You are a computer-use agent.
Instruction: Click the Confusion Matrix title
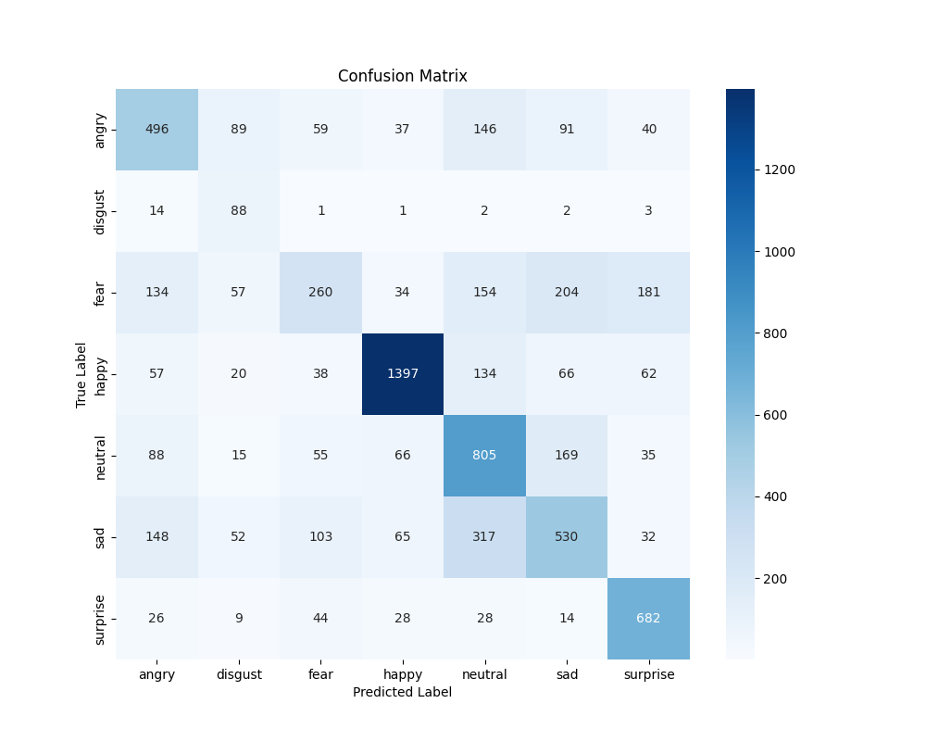click(x=402, y=76)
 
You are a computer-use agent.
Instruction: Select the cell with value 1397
click(x=403, y=373)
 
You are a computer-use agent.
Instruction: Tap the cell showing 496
click(x=156, y=129)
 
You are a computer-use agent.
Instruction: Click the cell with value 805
click(x=484, y=455)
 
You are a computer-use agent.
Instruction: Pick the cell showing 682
click(x=648, y=618)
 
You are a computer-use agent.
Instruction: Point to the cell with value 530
click(x=567, y=536)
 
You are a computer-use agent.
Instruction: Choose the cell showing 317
click(x=484, y=536)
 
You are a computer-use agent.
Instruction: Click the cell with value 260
click(x=320, y=292)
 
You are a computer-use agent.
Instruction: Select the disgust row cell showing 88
click(x=239, y=210)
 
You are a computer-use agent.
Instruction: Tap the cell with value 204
click(x=567, y=292)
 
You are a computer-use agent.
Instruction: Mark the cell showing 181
click(x=648, y=292)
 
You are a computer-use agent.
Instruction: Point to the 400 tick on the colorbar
click(x=773, y=496)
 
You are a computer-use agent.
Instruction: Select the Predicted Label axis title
click(x=402, y=692)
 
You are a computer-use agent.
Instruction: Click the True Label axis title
click(x=81, y=373)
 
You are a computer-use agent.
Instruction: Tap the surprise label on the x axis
click(x=648, y=674)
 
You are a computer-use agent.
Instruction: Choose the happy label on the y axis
click(x=100, y=373)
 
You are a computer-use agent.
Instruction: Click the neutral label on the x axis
click(x=484, y=674)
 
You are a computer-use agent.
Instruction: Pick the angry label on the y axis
click(x=100, y=129)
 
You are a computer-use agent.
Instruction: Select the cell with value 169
click(x=567, y=455)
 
